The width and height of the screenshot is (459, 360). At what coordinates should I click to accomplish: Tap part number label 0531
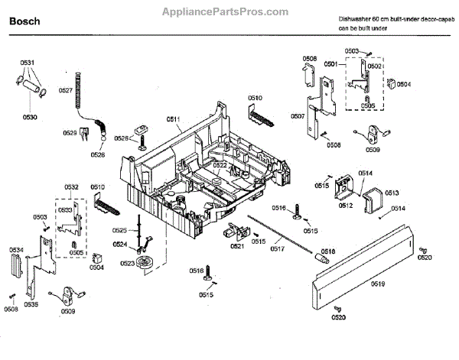[x=27, y=62]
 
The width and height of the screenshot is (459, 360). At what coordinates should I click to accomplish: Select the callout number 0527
[x=66, y=91]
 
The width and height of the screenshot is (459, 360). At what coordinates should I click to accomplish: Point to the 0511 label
[x=173, y=121]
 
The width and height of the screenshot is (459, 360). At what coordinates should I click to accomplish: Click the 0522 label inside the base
[x=220, y=164]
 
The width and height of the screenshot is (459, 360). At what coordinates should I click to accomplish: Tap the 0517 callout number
[x=277, y=249]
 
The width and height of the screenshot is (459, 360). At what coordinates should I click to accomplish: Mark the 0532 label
[x=72, y=187]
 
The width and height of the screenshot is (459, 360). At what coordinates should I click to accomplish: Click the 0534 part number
[x=16, y=250]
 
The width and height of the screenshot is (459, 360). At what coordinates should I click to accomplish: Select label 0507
[x=298, y=116]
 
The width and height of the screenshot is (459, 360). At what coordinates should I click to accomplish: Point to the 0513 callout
[x=392, y=193]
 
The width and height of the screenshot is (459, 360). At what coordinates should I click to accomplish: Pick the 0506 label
[x=309, y=59]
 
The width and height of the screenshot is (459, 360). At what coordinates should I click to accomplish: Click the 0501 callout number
[x=330, y=65]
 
